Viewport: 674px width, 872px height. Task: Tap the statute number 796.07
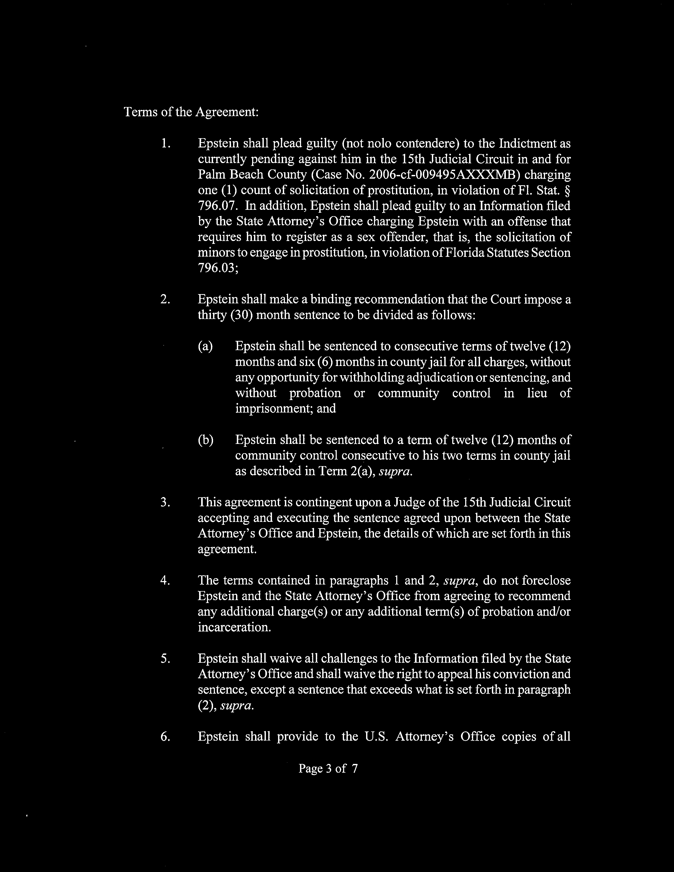[219, 206]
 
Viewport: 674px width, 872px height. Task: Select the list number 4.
[165, 580]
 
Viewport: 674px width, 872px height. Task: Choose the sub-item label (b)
[206, 440]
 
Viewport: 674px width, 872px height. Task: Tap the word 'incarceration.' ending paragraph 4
[234, 627]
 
